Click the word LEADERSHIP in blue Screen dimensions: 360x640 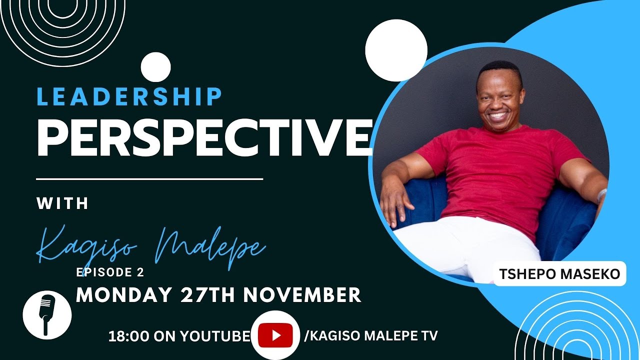(x=129, y=96)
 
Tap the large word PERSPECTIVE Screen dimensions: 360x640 (x=204, y=137)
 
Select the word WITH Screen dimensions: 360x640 (x=62, y=203)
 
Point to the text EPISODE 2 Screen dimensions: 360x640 (x=110, y=272)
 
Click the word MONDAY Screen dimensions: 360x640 (x=123, y=294)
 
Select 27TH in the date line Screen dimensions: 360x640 (x=208, y=294)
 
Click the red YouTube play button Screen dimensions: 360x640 (x=275, y=335)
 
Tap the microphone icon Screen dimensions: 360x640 (x=47, y=314)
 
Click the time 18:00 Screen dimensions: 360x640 (x=125, y=336)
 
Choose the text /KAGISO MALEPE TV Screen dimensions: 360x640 (x=370, y=336)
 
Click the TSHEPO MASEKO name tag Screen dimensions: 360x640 (x=559, y=274)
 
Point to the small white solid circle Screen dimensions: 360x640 (x=156, y=67)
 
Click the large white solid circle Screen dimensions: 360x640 (x=396, y=50)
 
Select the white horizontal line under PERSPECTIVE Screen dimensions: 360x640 (x=149, y=178)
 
